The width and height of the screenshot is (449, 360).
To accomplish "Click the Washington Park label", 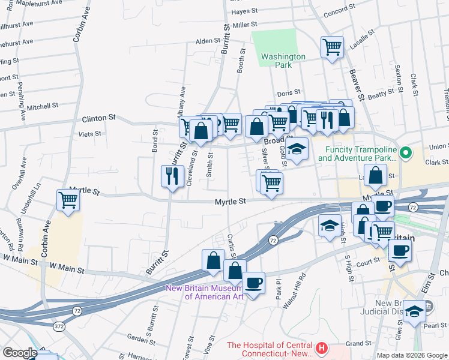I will [x=283, y=61].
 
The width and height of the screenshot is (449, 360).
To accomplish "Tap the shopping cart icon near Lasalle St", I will [x=332, y=47].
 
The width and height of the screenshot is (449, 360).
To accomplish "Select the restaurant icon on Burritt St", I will [x=172, y=176].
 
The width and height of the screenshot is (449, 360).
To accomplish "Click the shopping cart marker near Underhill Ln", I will [x=68, y=200].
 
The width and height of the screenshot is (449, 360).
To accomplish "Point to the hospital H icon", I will [x=322, y=348].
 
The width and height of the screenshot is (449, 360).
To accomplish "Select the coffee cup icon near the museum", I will [x=253, y=282].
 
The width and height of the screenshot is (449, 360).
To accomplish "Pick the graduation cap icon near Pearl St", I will [x=414, y=310].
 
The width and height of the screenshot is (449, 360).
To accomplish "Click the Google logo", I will [x=19, y=353].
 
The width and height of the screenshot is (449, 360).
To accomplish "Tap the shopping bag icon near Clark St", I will [x=375, y=175].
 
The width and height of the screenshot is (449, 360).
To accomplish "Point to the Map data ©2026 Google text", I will [x=412, y=355].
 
